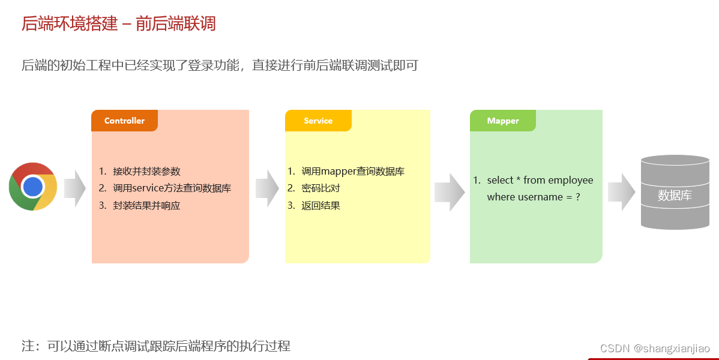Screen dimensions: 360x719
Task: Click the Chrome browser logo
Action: (x=33, y=187)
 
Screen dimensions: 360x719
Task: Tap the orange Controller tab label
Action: (x=124, y=121)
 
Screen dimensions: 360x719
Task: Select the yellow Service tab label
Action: (x=318, y=121)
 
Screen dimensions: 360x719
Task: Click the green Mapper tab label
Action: (x=503, y=121)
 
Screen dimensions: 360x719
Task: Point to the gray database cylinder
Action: (x=675, y=193)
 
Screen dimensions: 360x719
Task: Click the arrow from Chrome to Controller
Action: (x=75, y=188)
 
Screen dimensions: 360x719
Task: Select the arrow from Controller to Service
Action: (x=267, y=188)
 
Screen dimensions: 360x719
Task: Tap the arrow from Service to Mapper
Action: (x=450, y=192)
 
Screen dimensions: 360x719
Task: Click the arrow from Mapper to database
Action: (x=621, y=192)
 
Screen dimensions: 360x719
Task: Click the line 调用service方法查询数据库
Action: (x=172, y=188)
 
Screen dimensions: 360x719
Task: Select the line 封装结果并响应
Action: (x=146, y=205)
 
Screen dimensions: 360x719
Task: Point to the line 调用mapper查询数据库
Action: (x=353, y=171)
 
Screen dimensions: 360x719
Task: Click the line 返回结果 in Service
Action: (x=321, y=205)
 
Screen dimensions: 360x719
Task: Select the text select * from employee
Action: (x=540, y=180)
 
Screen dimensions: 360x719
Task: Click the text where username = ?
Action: (x=534, y=197)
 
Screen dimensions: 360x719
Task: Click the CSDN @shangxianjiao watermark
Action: (x=655, y=349)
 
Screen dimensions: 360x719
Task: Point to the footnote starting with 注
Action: (x=156, y=346)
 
